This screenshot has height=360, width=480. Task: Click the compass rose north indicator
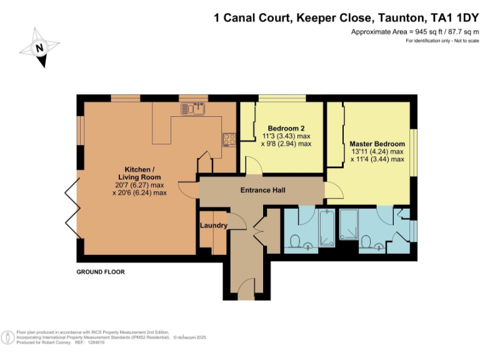tap(39, 47)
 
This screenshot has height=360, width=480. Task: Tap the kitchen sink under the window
tap(194, 109)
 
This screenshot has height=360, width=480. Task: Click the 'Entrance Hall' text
tap(262, 189)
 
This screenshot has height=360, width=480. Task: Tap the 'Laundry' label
tap(213, 225)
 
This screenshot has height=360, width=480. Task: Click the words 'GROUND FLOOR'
tap(101, 272)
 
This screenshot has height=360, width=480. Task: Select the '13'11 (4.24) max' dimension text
tap(377, 151)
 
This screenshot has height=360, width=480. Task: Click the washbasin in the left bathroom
tap(307, 246)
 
